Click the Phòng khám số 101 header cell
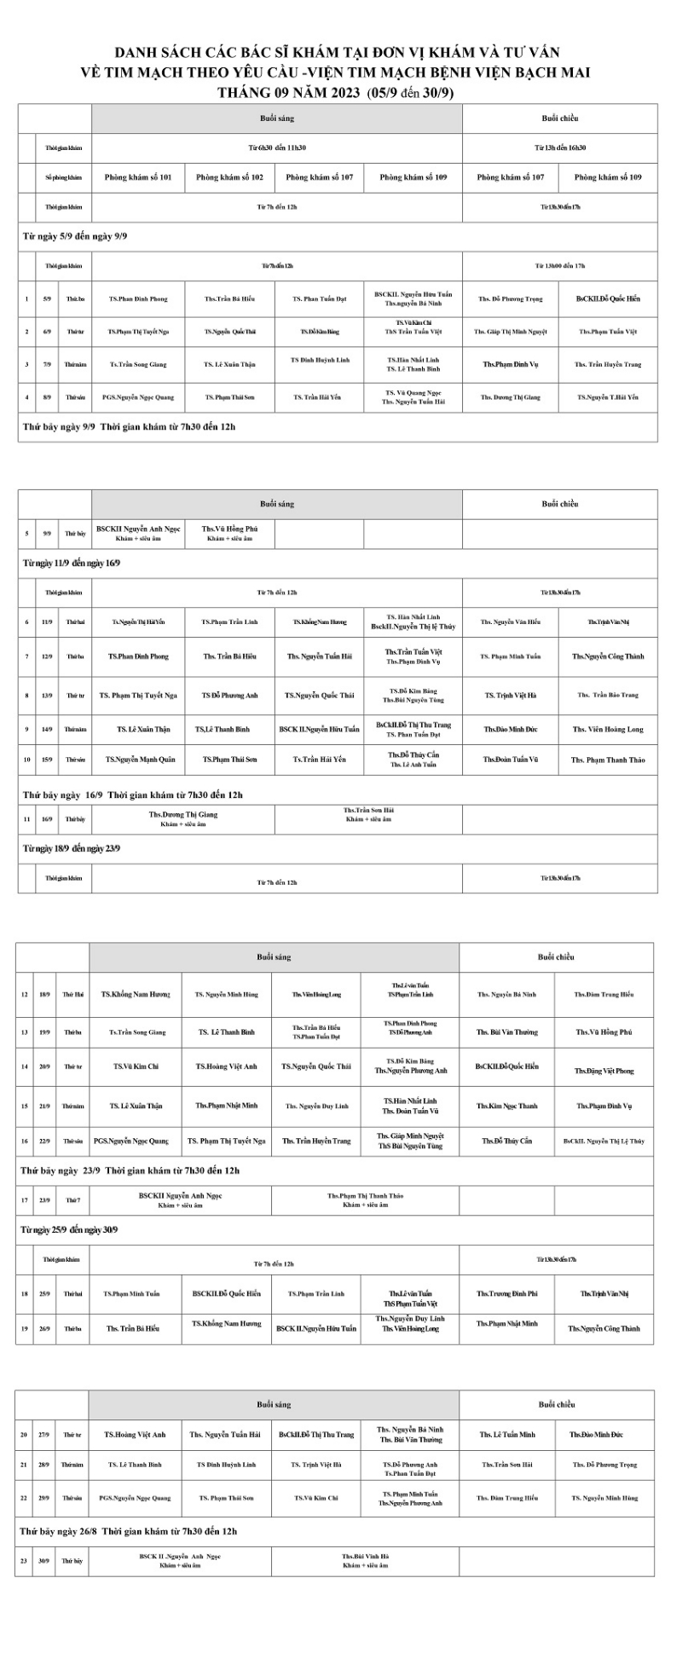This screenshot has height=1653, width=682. [138, 177]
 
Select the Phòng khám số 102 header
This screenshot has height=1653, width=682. [229, 177]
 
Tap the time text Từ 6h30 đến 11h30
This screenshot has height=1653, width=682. [277, 147]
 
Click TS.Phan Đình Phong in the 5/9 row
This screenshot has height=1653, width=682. [138, 299]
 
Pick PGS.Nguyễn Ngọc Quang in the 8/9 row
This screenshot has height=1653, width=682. [138, 397]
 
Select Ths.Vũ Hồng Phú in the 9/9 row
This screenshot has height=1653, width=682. [229, 529]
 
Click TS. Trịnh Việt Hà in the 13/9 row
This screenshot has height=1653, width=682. [511, 696]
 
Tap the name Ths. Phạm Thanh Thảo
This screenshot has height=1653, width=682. [608, 760]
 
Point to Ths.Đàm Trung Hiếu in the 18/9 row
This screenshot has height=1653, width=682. [604, 995]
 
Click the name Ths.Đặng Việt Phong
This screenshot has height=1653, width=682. [604, 1071]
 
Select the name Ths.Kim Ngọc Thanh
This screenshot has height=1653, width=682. [507, 1107]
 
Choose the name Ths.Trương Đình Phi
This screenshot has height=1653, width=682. [507, 1293]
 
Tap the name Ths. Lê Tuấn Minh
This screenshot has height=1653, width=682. [507, 1435]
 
